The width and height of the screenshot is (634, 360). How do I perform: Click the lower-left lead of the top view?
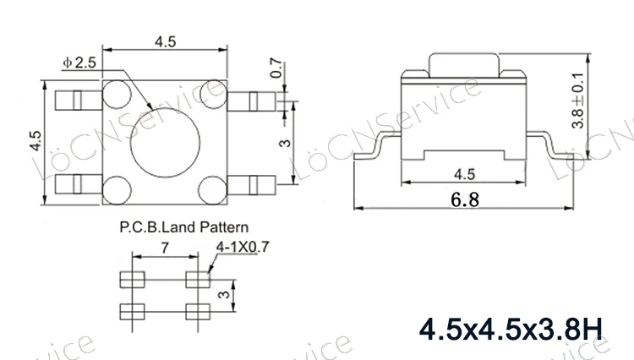point(72,181)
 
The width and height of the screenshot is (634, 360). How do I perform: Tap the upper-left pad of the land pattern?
point(131,280)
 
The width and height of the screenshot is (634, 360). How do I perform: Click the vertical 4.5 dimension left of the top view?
point(35,140)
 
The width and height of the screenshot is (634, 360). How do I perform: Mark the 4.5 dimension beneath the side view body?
point(464,174)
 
